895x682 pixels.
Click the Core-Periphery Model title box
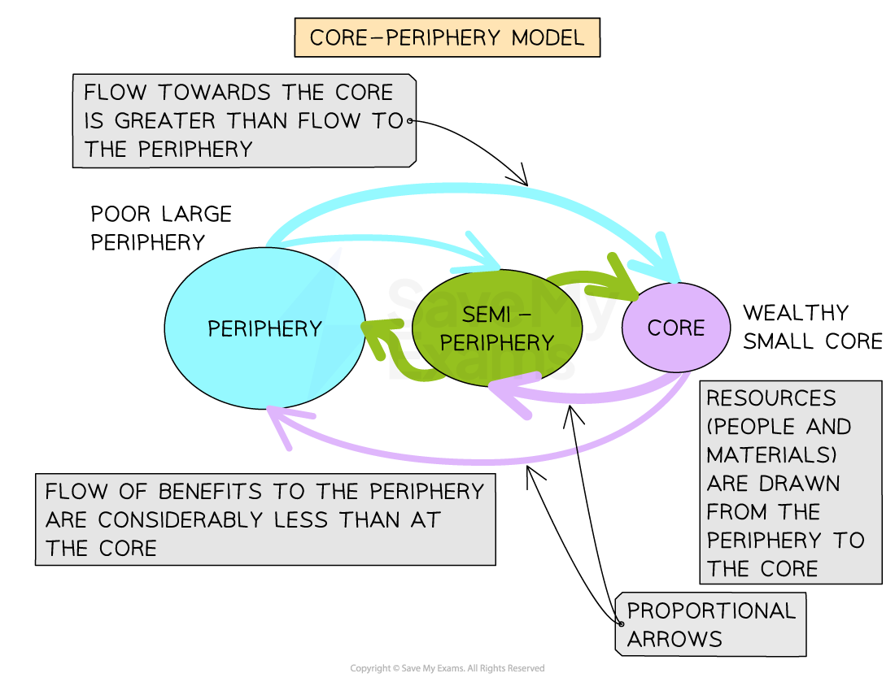point(447,38)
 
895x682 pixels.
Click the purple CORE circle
point(676,328)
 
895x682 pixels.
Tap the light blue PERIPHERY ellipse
point(264,328)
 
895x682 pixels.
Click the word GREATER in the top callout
point(167,121)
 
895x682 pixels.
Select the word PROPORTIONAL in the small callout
point(711,610)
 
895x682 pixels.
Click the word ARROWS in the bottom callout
point(675,639)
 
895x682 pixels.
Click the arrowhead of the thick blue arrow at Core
point(666,260)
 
